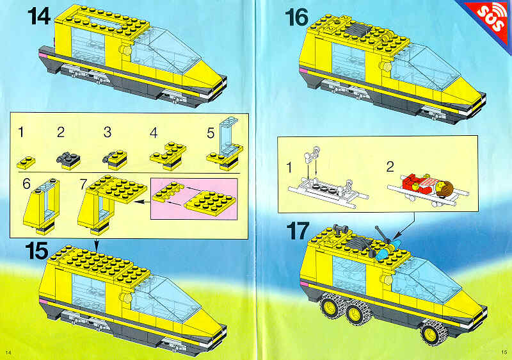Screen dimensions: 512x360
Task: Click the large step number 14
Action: [38, 16]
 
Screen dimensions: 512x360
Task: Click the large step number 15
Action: [36, 251]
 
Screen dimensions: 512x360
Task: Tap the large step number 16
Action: [296, 17]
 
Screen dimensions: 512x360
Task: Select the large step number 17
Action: [298, 231]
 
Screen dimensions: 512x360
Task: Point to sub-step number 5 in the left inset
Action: [211, 133]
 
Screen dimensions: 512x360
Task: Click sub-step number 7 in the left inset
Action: [83, 184]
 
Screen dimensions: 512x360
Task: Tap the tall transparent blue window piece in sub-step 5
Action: [228, 135]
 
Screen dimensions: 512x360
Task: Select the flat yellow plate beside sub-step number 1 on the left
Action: [26, 162]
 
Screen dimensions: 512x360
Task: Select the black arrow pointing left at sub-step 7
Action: [141, 202]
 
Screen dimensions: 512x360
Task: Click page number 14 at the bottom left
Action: [8, 352]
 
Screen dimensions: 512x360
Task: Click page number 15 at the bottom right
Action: [504, 352]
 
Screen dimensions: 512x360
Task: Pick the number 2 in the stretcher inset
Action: [390, 167]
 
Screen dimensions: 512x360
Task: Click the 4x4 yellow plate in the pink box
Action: [210, 204]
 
